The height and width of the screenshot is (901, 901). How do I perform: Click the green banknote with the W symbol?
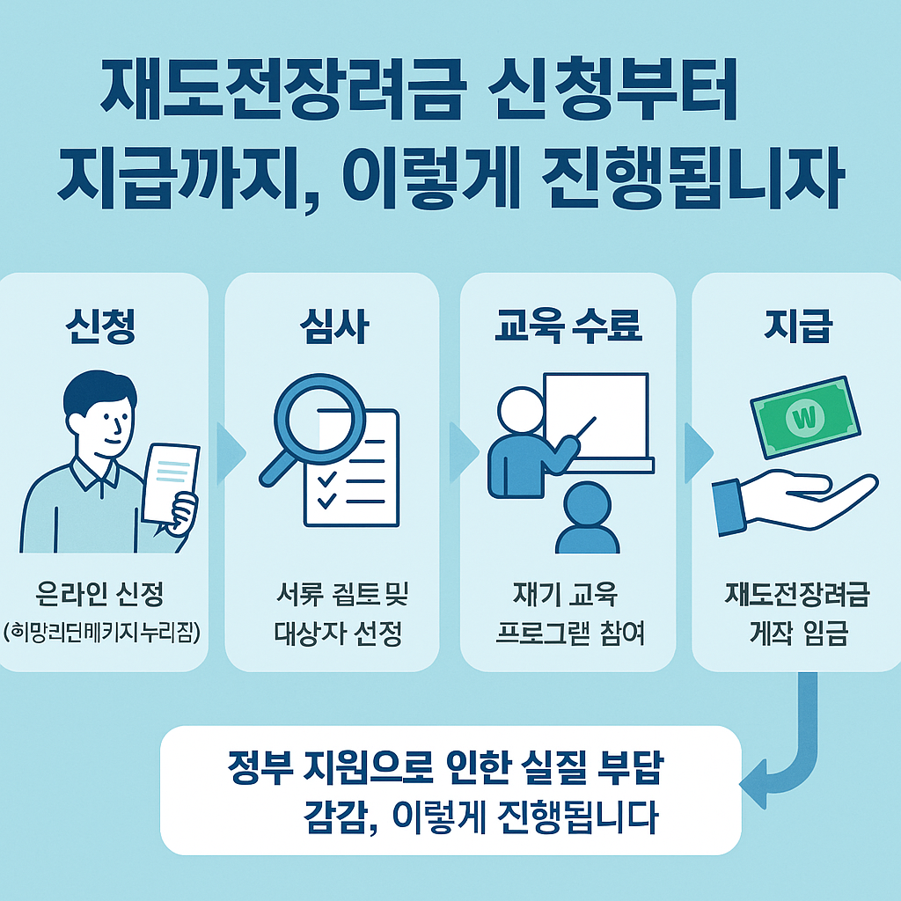[x=803, y=418]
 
